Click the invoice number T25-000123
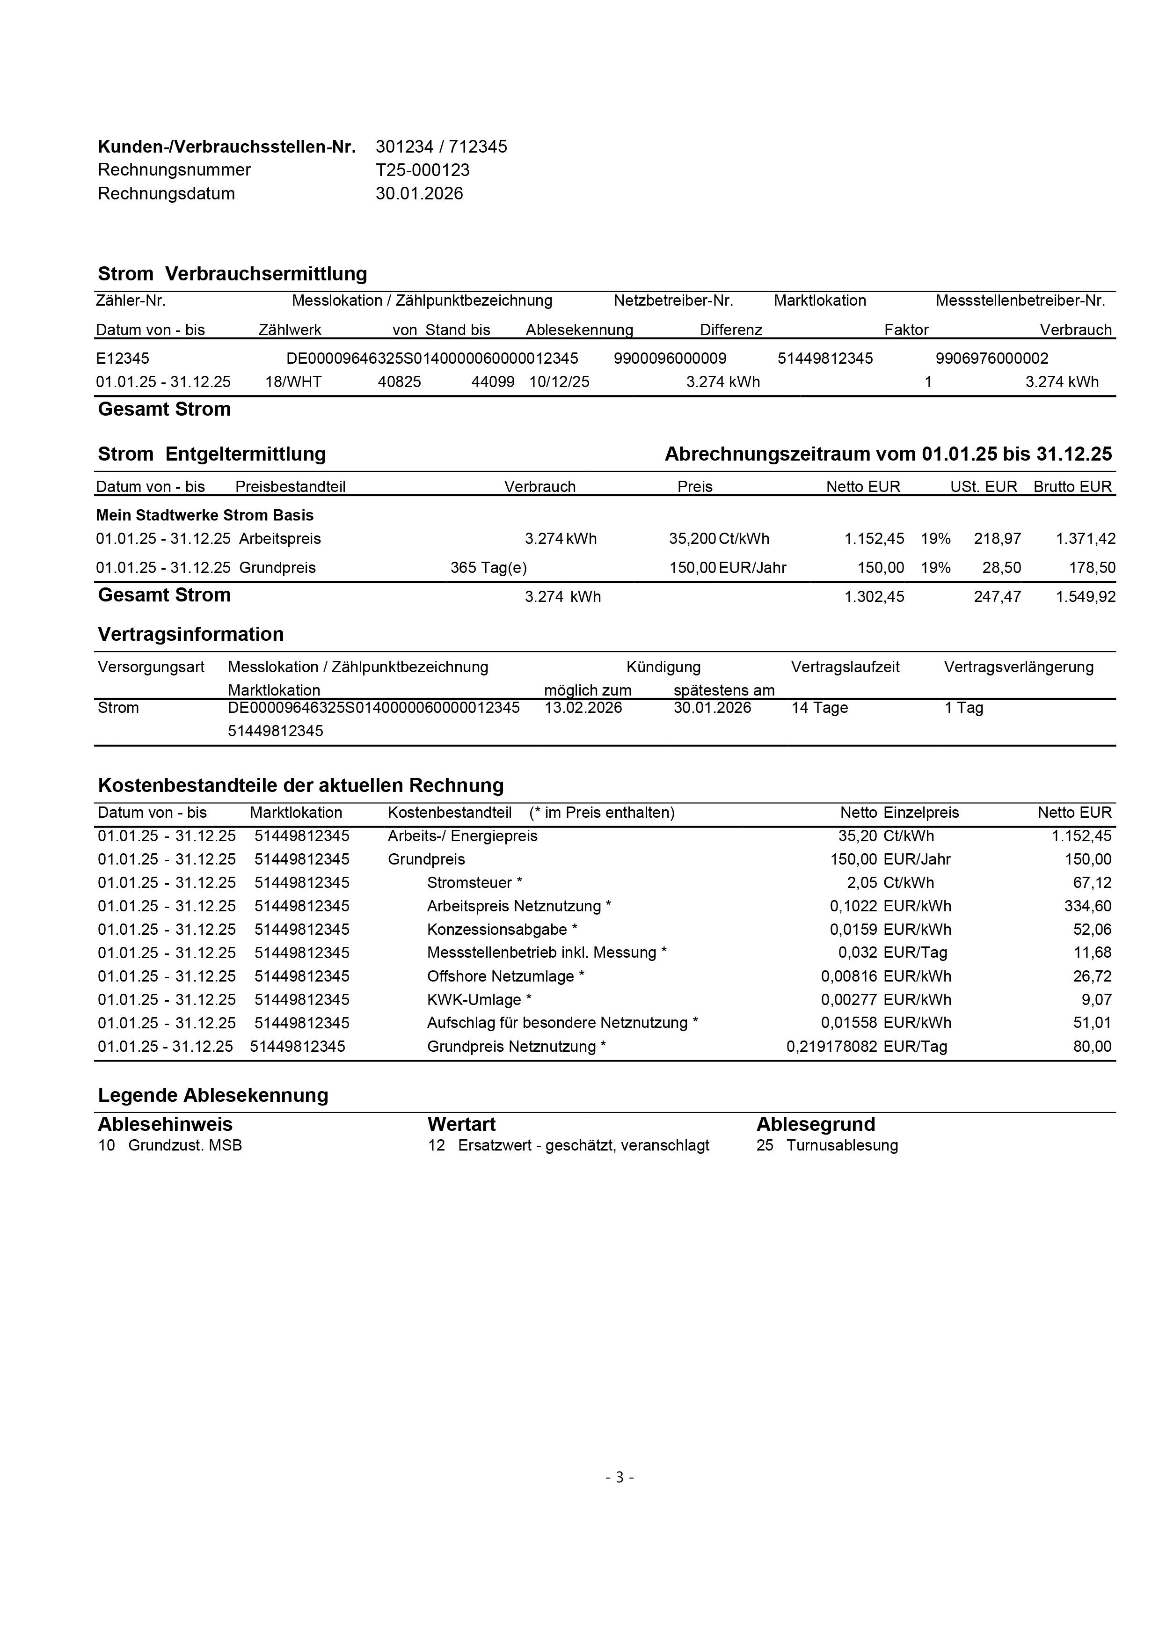coord(423,170)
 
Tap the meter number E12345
coord(123,358)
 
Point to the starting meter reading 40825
coord(399,382)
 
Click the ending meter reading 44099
coord(493,382)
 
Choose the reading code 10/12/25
coord(559,382)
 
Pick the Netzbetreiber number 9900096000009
coord(670,358)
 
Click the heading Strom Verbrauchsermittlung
coord(233,274)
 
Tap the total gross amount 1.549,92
coord(1086,596)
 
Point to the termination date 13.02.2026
coord(583,708)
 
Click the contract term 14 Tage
coord(819,708)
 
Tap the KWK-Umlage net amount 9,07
coord(1096,1000)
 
